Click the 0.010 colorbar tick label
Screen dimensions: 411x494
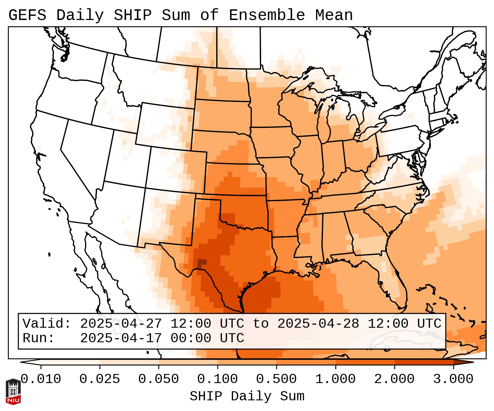tap(41, 379)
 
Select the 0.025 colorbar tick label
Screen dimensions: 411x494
tap(100, 379)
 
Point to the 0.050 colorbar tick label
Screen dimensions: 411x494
tap(159, 379)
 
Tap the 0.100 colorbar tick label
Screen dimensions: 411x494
tap(218, 379)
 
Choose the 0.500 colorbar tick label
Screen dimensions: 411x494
tap(276, 379)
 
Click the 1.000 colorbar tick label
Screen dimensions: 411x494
tap(336, 379)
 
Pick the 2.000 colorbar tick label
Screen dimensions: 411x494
tap(395, 379)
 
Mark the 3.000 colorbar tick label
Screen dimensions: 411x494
tap(453, 379)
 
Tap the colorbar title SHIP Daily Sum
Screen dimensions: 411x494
tap(247, 396)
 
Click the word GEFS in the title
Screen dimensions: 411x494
tap(27, 15)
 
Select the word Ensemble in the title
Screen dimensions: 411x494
tap(267, 15)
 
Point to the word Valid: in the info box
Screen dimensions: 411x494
tap(47, 324)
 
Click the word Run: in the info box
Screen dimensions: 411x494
tap(39, 338)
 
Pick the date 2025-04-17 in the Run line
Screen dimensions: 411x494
tap(121, 338)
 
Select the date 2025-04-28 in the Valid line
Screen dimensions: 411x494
tap(318, 324)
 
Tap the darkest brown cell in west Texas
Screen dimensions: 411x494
tap(202, 263)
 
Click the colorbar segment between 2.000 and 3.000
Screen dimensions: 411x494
tap(424, 362)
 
